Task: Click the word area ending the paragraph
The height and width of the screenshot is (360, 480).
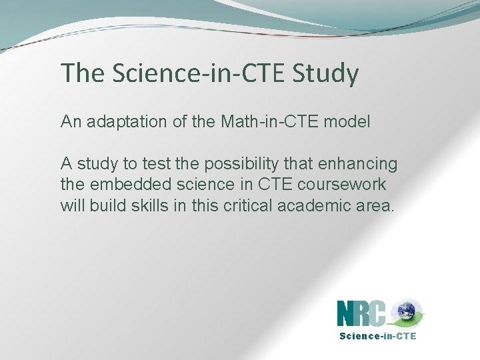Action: (375, 205)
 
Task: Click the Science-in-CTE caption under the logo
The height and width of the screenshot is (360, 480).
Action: (377, 336)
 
